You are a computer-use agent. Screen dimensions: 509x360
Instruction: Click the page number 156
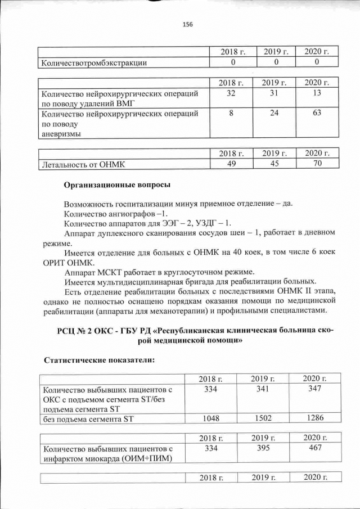tap(188, 24)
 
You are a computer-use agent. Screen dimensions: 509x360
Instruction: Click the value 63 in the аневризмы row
tap(317, 114)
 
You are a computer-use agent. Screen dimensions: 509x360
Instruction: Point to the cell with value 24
tap(274, 114)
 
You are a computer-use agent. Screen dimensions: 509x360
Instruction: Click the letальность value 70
tap(317, 164)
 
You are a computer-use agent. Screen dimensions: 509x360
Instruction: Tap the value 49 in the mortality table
tap(231, 164)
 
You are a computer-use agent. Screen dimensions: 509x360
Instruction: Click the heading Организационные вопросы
tap(117, 184)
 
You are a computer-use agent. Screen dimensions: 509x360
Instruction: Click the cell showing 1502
tap(263, 418)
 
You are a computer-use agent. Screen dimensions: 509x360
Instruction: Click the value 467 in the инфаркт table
tap(313, 448)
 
